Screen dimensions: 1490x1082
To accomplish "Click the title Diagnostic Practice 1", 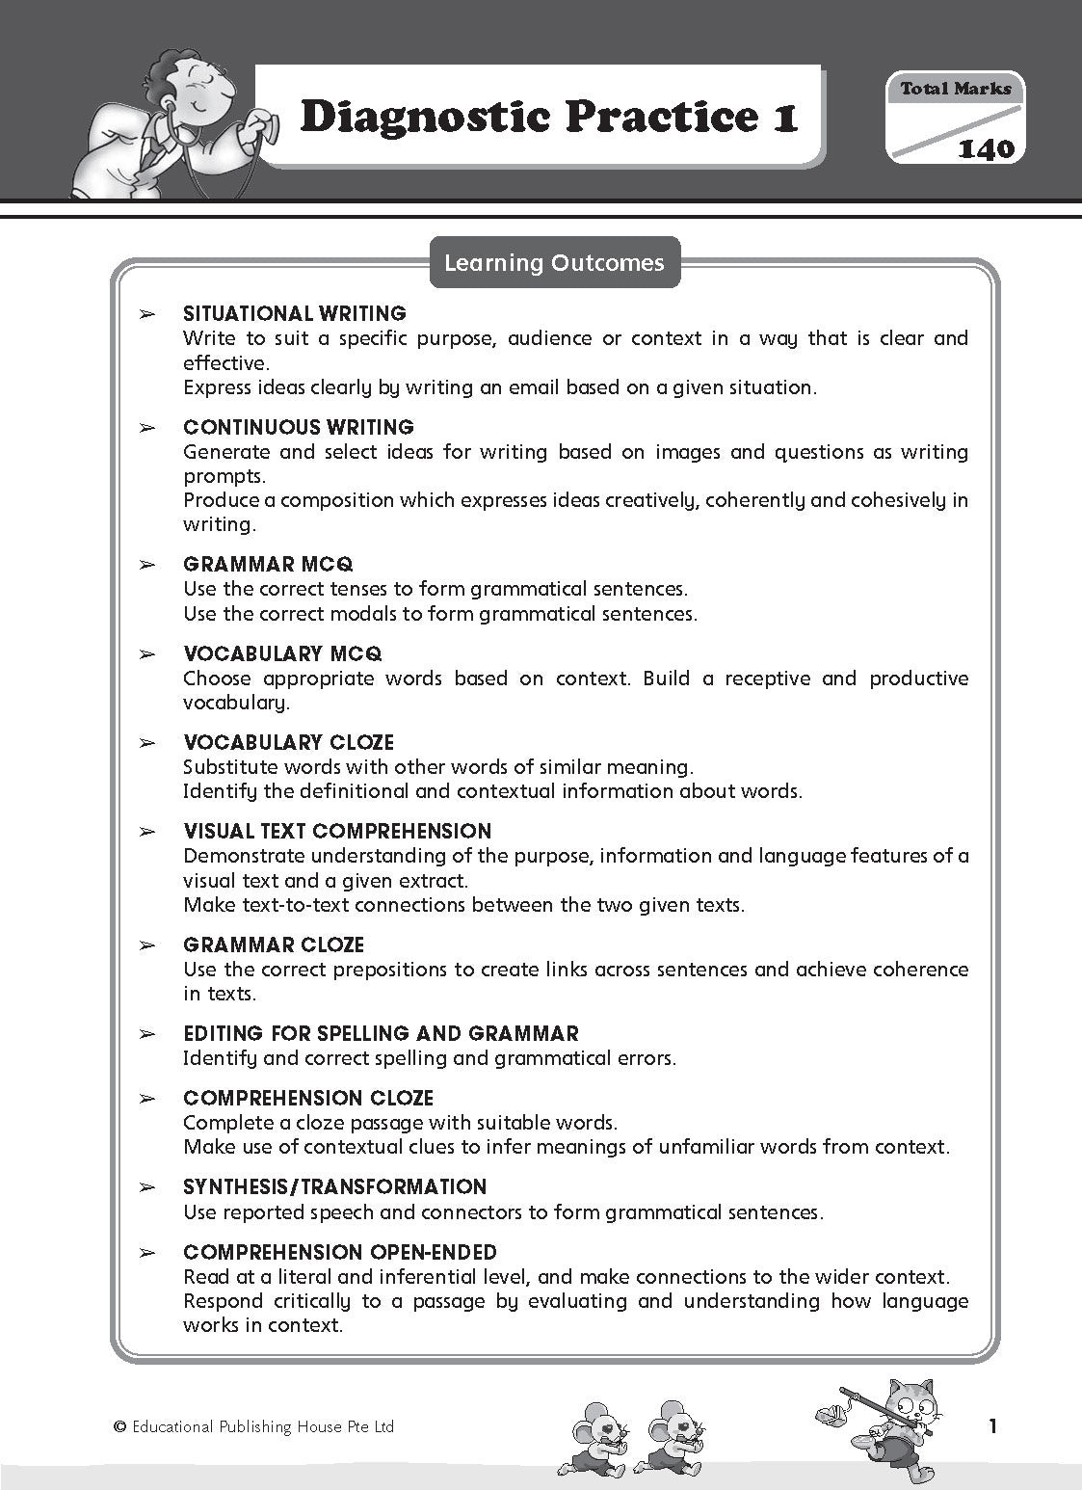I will pyautogui.click(x=548, y=118).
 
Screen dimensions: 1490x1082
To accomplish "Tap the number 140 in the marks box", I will pyautogui.click(x=986, y=148).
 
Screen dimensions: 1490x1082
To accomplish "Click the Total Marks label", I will pyautogui.click(x=955, y=89).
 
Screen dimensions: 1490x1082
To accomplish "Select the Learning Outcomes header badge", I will pyautogui.click(x=554, y=263).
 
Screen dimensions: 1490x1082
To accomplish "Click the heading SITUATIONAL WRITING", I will pyautogui.click(x=294, y=313).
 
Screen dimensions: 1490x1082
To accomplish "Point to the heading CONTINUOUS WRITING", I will pyautogui.click(x=298, y=427).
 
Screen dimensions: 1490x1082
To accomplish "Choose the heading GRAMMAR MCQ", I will pyautogui.click(x=268, y=564).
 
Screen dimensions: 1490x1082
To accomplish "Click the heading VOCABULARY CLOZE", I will pyautogui.click(x=288, y=742).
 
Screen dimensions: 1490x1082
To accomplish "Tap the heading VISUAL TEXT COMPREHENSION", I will pyautogui.click(x=337, y=831).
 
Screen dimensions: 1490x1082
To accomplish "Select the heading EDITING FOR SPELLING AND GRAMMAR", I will pyautogui.click(x=381, y=1034).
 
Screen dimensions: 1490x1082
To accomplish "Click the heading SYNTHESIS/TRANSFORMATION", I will pyautogui.click(x=334, y=1186).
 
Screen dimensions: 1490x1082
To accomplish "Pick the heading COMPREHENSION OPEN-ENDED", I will pyautogui.click(x=339, y=1252).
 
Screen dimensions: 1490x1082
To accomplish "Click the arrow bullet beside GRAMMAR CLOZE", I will pyautogui.click(x=146, y=945).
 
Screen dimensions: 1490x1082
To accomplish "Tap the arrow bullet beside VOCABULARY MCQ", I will pyautogui.click(x=146, y=654).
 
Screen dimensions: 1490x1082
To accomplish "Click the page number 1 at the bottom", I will pyautogui.click(x=993, y=1427).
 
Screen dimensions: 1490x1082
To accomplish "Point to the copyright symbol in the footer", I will pyautogui.click(x=119, y=1427).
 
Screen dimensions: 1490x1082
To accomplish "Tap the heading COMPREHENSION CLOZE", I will pyautogui.click(x=308, y=1098).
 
